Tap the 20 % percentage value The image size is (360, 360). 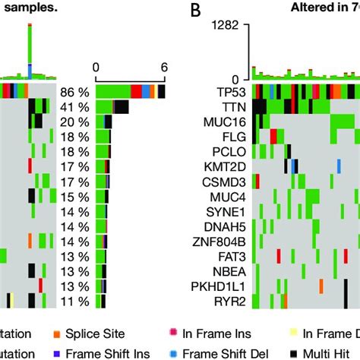[x=74, y=122]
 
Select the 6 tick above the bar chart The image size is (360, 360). [x=164, y=66]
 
